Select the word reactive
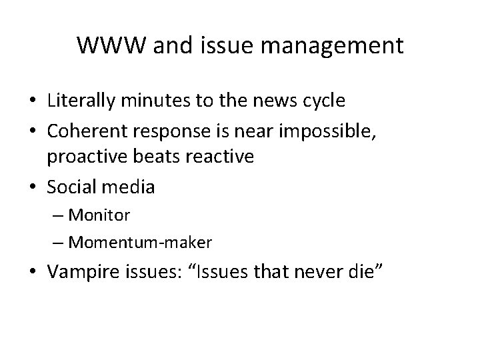[221, 157]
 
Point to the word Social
[72, 187]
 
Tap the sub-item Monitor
[99, 215]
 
